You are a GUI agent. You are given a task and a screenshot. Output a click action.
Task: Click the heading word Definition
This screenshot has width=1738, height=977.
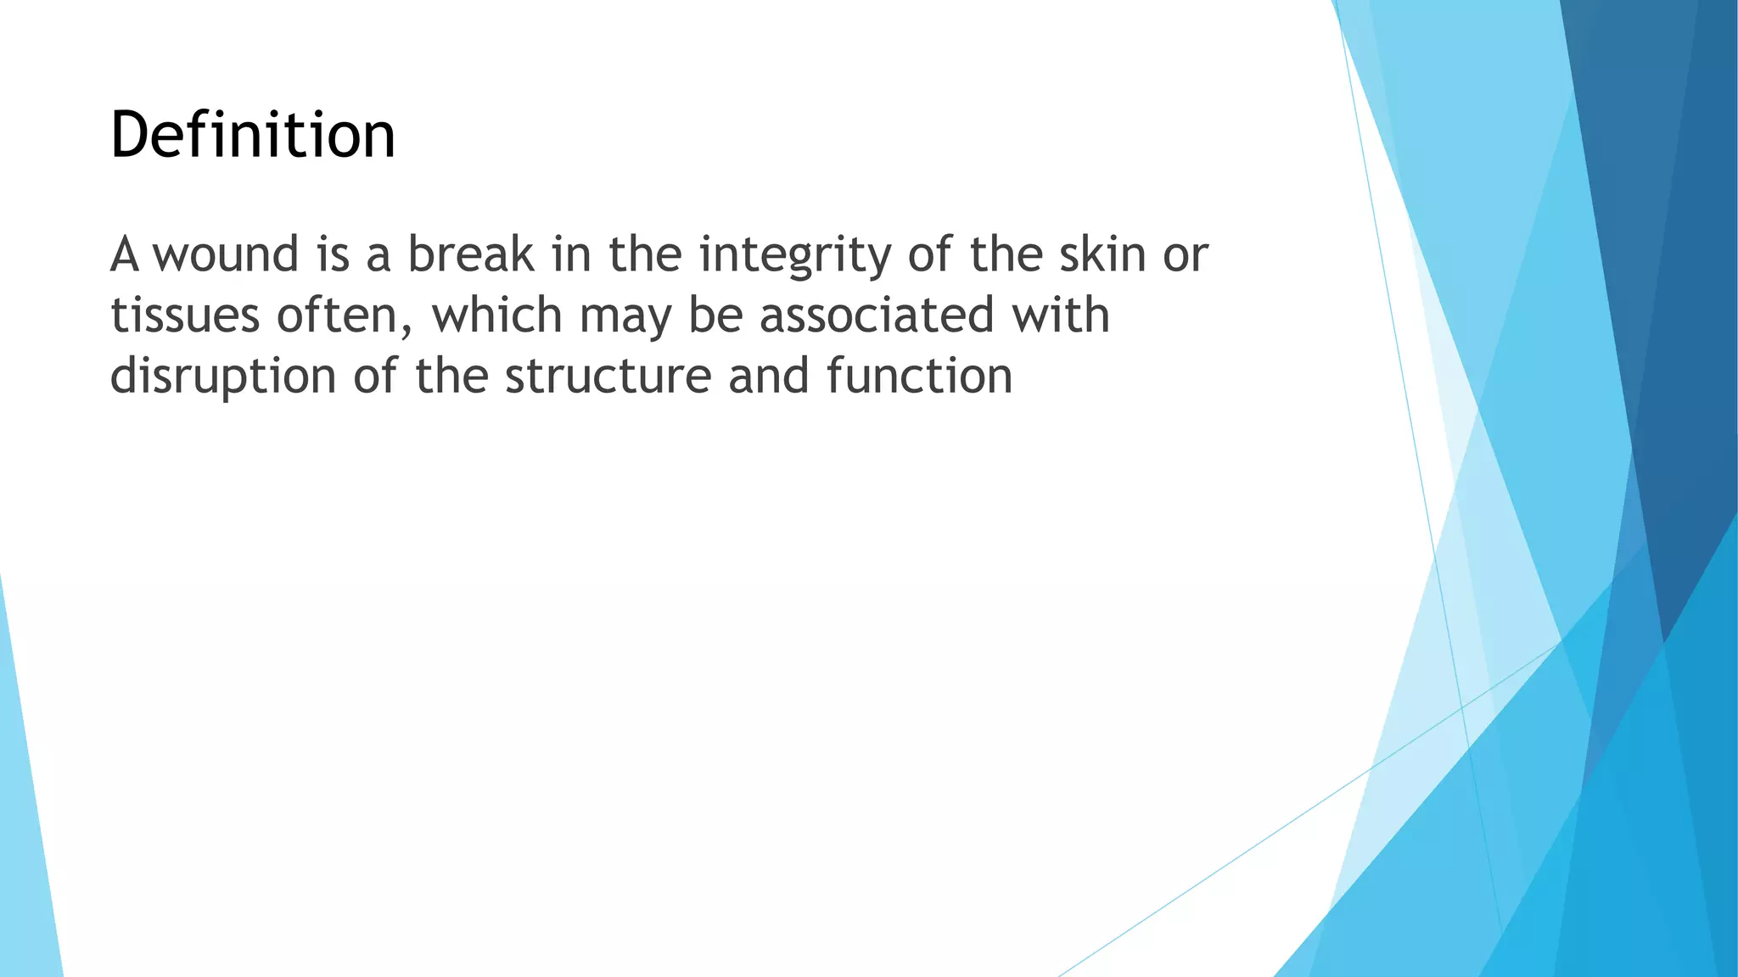(252, 136)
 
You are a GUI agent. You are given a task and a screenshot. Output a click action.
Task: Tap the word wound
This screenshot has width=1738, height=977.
(226, 254)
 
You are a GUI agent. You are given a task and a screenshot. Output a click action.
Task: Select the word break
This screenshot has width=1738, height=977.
(471, 254)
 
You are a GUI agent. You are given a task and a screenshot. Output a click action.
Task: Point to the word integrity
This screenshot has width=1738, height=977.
(794, 256)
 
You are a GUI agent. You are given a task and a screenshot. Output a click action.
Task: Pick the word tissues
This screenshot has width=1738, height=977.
(184, 315)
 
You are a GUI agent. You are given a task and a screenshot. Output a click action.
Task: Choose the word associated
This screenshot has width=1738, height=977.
(876, 315)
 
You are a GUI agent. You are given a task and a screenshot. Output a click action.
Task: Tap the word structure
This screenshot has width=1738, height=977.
(608, 376)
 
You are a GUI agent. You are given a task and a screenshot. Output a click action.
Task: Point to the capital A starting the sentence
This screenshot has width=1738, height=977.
(124, 254)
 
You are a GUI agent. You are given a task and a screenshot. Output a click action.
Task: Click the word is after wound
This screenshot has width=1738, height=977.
(333, 254)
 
